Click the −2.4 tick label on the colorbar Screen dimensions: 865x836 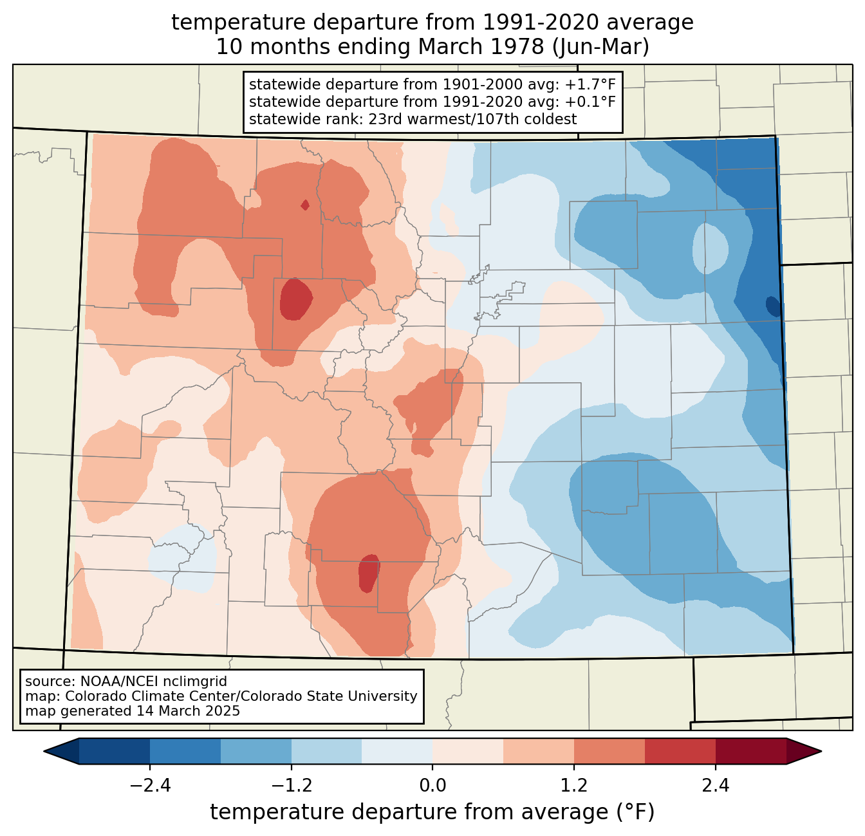(150, 785)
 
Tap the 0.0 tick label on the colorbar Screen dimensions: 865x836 (432, 785)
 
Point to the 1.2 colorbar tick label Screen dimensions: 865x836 (573, 785)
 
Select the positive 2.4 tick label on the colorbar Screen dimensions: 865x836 (715, 785)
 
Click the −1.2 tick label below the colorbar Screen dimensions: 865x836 (291, 785)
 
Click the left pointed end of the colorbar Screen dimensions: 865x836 (44, 752)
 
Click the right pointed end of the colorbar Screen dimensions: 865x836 (821, 752)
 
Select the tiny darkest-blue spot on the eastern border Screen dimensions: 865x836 (773, 306)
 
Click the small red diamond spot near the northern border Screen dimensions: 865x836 (305, 205)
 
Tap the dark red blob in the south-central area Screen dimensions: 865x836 (369, 573)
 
